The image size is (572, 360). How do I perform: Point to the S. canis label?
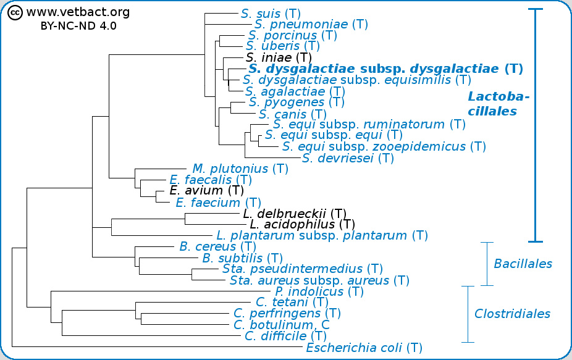(293, 114)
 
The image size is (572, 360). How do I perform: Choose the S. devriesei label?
(348, 158)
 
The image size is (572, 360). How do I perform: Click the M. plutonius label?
(240, 169)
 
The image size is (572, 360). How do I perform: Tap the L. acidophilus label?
(302, 224)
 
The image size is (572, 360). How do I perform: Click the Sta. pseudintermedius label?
(302, 269)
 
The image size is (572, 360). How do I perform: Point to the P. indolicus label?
(319, 291)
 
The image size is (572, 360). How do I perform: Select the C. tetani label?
(292, 303)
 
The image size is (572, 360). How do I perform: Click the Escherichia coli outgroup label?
(364, 348)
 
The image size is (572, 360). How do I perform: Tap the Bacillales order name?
(523, 264)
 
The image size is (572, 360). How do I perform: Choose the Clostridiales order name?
(512, 314)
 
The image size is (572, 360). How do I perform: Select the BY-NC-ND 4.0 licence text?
(78, 26)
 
